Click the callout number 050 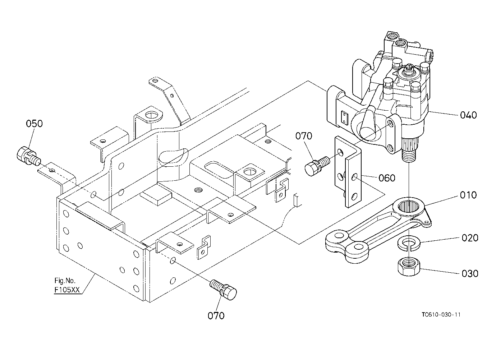tap(34, 124)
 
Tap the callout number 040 tap(469, 115)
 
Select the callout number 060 tap(387, 178)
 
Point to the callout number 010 tap(468, 195)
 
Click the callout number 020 tap(470, 238)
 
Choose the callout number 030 tap(470, 274)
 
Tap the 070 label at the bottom tap(216, 316)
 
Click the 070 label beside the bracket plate tap(304, 136)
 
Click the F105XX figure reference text tap(67, 290)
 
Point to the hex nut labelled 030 tap(409, 267)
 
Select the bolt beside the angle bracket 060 tap(317, 166)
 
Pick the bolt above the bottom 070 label tap(223, 290)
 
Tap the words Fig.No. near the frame tap(65, 281)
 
